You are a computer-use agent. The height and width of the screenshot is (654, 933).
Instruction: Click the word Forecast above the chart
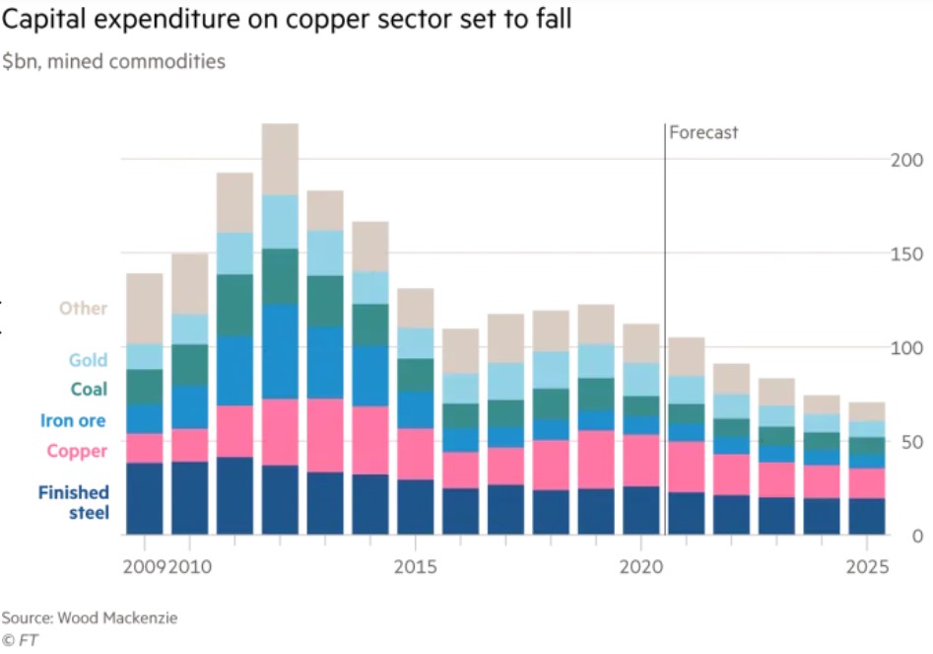pos(703,132)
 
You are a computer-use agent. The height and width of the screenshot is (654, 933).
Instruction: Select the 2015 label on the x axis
pos(416,569)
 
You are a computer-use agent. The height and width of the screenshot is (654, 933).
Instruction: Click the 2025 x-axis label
pos(867,569)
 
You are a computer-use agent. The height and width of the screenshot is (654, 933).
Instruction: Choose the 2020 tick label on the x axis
pos(641,569)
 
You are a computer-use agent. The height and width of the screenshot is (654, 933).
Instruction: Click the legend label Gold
pos(88,361)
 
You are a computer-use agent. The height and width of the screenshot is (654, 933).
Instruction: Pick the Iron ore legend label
pos(73,421)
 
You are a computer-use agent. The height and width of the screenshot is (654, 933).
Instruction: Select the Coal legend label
pos(89,390)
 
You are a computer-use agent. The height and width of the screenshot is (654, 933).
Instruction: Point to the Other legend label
pos(83,308)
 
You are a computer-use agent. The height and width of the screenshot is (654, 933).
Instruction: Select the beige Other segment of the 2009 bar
pos(144,309)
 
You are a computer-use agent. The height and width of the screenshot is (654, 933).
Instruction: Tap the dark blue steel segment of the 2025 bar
pos(867,516)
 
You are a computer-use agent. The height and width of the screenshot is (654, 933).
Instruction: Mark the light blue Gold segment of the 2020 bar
pos(641,380)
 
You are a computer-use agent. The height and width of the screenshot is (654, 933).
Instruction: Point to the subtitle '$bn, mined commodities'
pos(112,62)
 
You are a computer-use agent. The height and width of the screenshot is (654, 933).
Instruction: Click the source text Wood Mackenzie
pos(116,618)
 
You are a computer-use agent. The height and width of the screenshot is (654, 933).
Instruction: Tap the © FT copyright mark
pos(20,639)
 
